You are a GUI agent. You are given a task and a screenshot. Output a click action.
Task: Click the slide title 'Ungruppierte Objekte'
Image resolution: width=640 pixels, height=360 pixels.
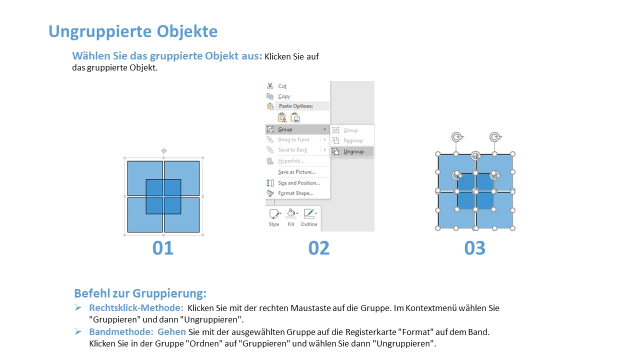133,31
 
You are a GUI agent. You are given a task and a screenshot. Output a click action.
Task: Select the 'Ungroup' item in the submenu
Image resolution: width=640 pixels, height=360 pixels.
353,151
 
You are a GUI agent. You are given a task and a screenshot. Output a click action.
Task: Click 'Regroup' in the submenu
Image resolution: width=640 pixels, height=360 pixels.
353,140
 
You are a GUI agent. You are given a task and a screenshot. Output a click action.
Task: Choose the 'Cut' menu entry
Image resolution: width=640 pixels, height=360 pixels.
282,86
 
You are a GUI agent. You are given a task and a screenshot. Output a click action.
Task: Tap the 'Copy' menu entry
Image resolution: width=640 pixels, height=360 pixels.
284,96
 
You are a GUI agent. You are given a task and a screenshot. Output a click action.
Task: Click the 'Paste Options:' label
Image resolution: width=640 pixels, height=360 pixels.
295,106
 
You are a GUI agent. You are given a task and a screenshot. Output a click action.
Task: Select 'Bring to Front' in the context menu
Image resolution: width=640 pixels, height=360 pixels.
293,139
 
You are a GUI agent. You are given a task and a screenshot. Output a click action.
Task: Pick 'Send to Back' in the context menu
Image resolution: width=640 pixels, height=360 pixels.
292,150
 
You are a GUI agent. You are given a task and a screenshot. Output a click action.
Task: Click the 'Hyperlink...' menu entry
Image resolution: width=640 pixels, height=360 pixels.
291,161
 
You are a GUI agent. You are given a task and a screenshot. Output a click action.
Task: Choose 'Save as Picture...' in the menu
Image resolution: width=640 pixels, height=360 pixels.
296,172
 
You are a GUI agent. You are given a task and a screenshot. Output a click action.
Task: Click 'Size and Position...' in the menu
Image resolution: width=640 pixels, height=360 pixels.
299,183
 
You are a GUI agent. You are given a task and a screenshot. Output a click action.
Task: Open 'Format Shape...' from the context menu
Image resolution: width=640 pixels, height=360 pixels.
295,193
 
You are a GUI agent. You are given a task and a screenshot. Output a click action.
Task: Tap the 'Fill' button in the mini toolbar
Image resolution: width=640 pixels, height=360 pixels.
291,217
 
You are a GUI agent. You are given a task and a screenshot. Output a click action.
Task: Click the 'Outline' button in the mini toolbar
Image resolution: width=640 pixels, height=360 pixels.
309,217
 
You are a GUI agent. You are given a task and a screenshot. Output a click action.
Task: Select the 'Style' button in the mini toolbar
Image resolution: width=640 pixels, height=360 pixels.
274,217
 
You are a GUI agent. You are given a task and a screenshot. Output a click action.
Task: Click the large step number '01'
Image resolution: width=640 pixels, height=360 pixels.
163,247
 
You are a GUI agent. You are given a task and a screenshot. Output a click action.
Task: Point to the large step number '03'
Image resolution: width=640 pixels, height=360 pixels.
475,247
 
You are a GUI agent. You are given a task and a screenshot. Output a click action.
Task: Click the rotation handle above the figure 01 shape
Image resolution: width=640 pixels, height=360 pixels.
163,150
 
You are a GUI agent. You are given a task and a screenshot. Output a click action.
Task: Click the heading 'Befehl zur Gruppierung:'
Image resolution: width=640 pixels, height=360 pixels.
140,293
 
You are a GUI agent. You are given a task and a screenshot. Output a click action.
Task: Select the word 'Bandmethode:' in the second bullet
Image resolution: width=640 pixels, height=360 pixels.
121,332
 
